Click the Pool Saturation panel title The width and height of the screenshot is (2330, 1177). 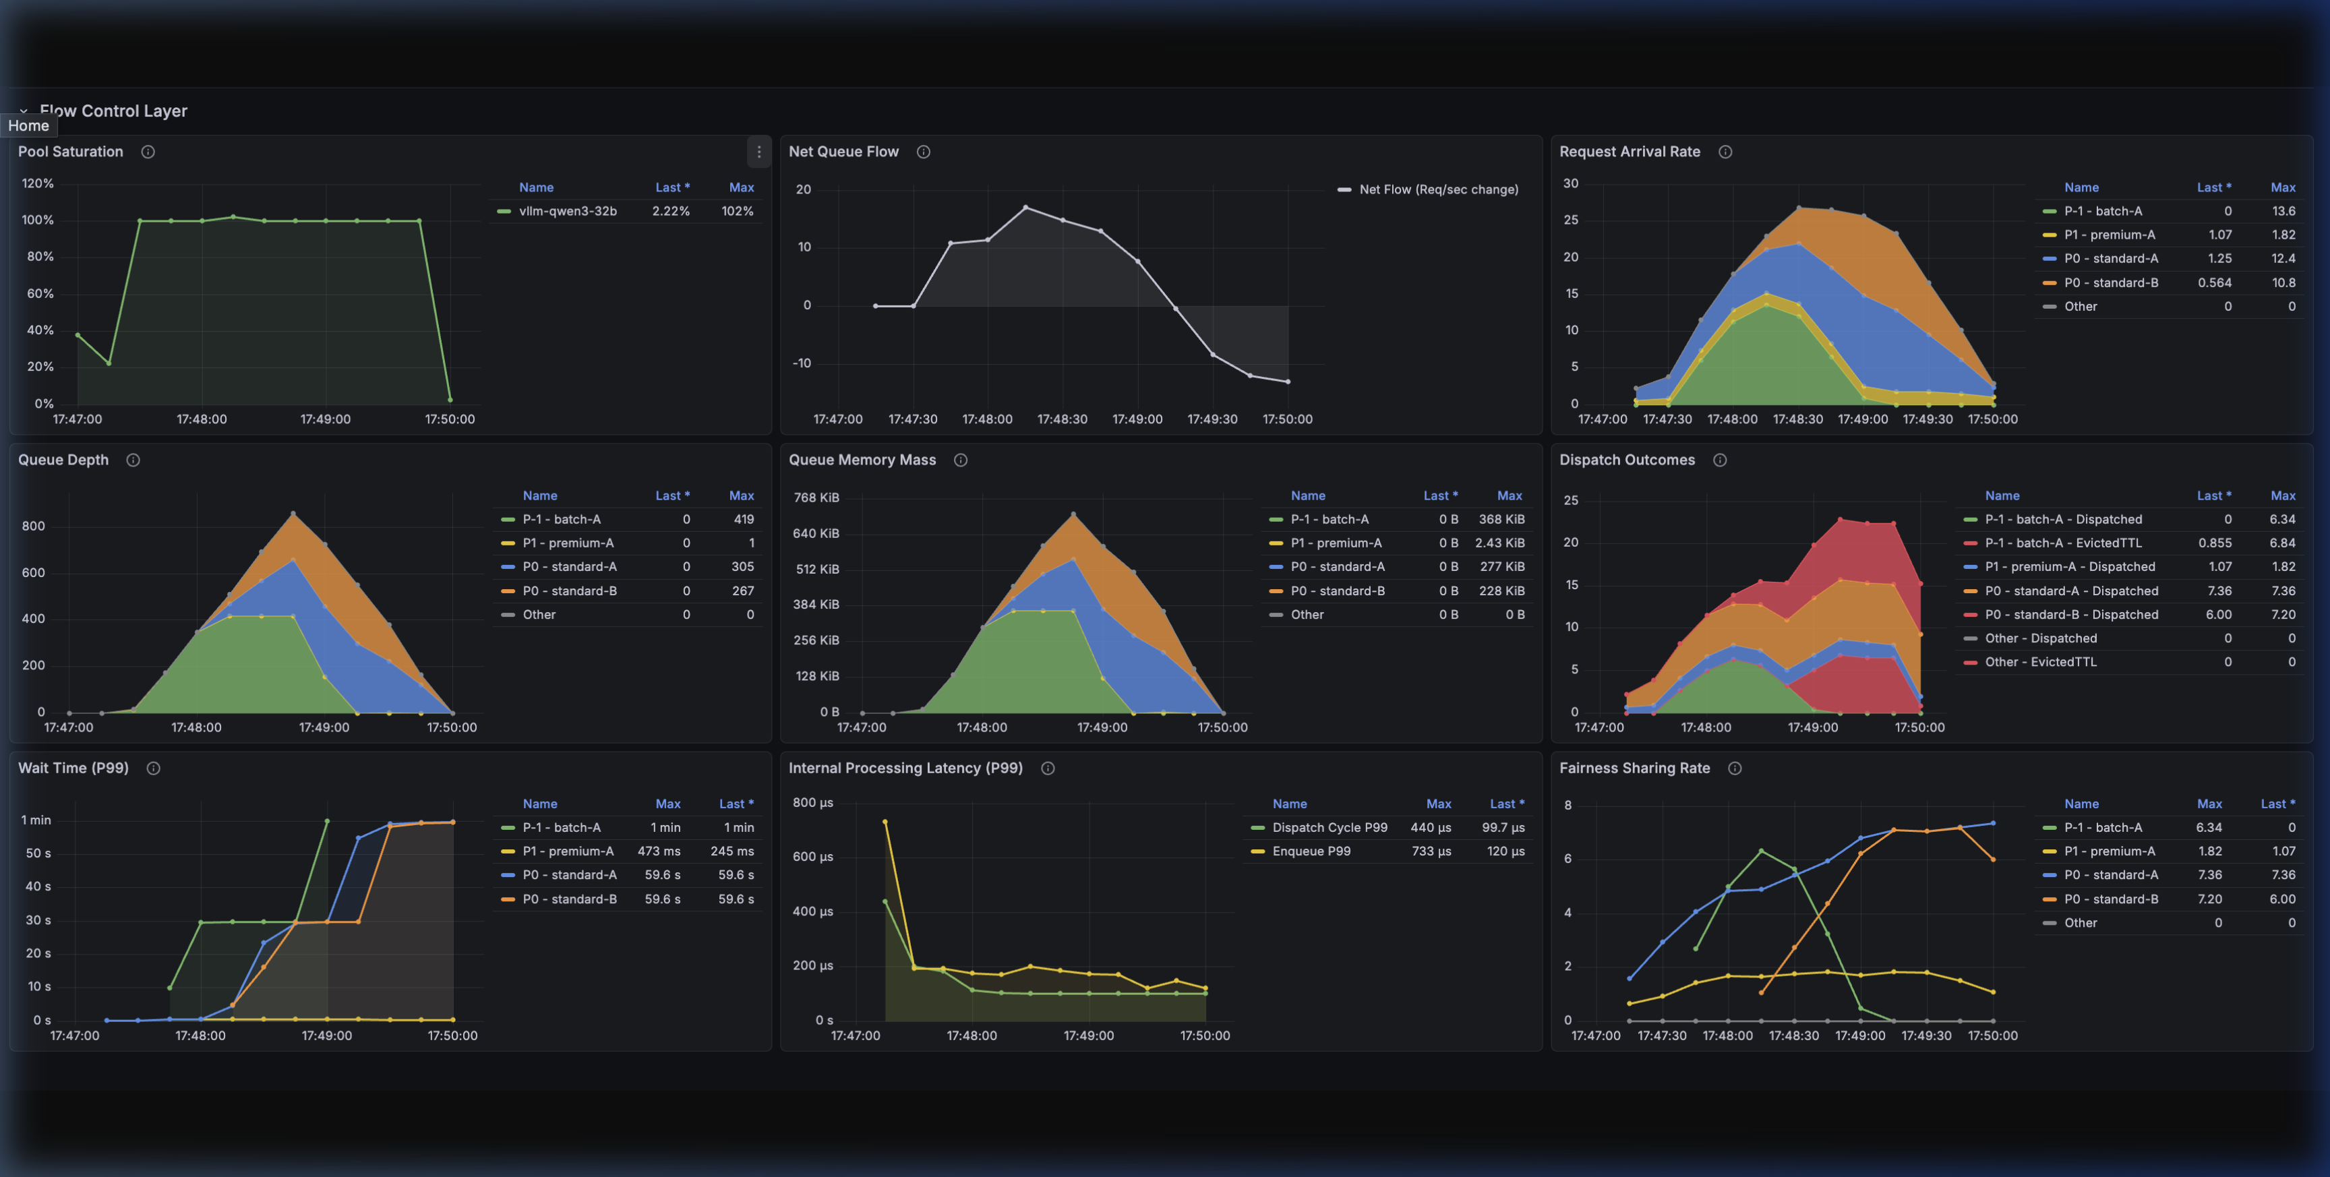pyautogui.click(x=71, y=152)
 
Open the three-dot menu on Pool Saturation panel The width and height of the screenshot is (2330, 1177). pyautogui.click(x=758, y=152)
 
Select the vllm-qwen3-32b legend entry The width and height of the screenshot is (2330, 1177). pyautogui.click(x=567, y=212)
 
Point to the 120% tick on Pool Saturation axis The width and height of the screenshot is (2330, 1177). pyautogui.click(x=38, y=183)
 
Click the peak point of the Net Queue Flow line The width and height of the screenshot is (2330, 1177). pyautogui.click(x=1025, y=208)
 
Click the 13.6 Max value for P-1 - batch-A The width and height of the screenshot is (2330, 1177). pyautogui.click(x=2283, y=212)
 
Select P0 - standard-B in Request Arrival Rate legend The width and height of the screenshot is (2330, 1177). pyautogui.click(x=2110, y=283)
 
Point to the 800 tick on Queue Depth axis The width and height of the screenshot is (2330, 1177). pyautogui.click(x=34, y=526)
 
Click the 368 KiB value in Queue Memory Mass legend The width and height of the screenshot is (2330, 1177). pyautogui.click(x=1501, y=519)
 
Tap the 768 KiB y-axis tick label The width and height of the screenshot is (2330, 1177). pyautogui.click(x=816, y=497)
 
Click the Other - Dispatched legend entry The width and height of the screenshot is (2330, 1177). pyautogui.click(x=2041, y=638)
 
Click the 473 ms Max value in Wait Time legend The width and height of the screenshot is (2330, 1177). pyautogui.click(x=659, y=851)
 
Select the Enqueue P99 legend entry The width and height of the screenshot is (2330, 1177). pyautogui.click(x=1311, y=851)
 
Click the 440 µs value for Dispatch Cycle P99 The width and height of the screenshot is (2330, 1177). pyautogui.click(x=1430, y=828)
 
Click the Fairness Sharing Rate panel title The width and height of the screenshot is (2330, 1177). pyautogui.click(x=1634, y=768)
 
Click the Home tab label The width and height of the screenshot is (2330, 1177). pyautogui.click(x=28, y=127)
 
